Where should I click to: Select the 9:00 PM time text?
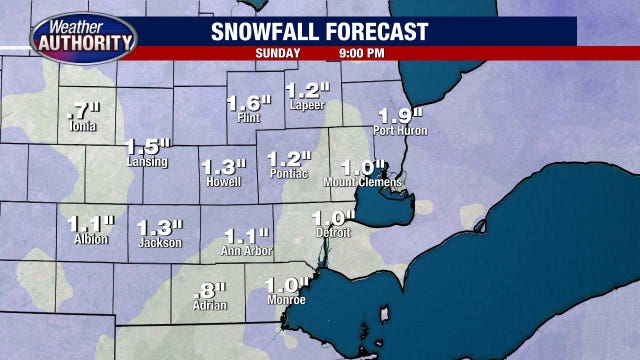coord(360,51)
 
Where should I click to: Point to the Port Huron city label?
coord(400,131)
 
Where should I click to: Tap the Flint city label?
coord(249,118)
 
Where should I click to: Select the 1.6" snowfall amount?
coord(249,102)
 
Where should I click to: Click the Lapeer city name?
coord(307,105)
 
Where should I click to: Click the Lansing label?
coord(147,162)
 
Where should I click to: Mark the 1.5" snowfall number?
coord(146,146)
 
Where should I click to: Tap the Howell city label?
coord(222,183)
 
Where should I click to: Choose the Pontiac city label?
coord(290,174)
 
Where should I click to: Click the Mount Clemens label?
coord(362,183)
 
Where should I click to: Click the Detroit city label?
coord(333,233)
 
